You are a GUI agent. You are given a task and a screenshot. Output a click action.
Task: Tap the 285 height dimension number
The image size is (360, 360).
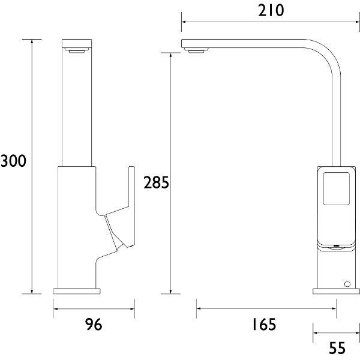point(157,183)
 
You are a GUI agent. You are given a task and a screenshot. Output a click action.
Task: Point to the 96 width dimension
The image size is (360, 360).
point(93,325)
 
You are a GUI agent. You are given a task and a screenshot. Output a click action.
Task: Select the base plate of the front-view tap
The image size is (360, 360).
point(76,290)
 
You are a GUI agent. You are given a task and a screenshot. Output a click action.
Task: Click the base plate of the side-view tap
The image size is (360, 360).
point(334,291)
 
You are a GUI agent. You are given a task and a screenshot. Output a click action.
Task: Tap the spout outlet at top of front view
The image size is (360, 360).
point(77,52)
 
